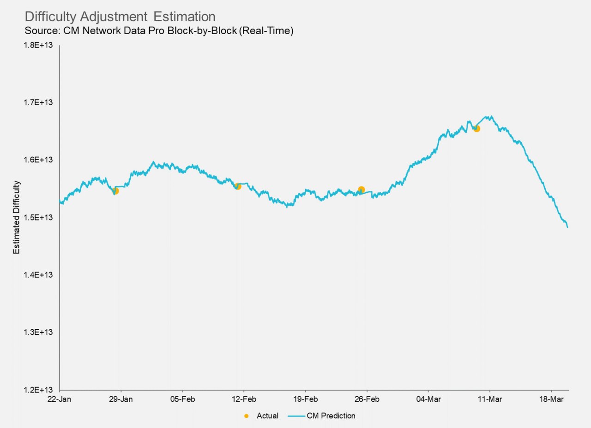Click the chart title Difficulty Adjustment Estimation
120,17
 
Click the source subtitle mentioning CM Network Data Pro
159,31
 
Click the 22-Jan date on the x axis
60,399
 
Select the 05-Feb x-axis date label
182,399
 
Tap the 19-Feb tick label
305,399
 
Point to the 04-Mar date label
428,399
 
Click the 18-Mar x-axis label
551,399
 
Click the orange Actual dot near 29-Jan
115,191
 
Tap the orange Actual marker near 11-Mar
476,129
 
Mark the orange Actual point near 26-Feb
361,190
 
